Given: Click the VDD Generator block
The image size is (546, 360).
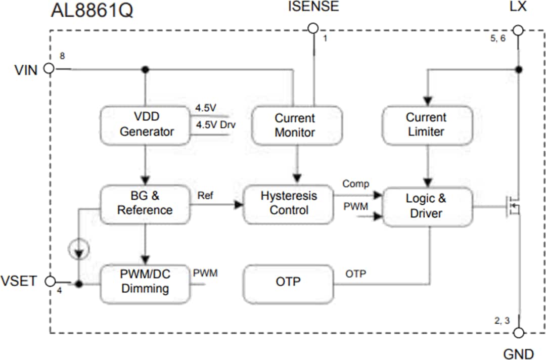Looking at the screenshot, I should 145,124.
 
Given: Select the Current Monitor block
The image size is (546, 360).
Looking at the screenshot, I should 296,125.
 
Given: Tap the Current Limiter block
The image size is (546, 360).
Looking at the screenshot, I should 426,124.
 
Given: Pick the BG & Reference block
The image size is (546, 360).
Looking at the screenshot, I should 145,203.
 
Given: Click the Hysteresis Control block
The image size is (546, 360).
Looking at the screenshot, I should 289,203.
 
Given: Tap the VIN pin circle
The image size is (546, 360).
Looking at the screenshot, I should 49,69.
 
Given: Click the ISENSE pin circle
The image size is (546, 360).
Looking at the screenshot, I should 313,28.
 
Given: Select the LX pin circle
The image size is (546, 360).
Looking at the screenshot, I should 518,30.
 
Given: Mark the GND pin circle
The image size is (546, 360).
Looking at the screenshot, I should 518,333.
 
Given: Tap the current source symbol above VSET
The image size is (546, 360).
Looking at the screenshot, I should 79,249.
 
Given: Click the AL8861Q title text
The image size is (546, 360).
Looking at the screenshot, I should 92,11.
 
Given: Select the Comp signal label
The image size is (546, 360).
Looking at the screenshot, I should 356,184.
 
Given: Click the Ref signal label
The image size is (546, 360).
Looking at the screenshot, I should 205,195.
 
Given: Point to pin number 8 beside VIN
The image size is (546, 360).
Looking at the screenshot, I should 62,56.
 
